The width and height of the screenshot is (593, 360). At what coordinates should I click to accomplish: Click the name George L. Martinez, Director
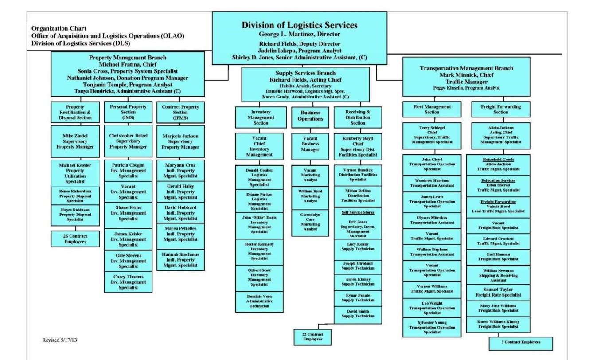299,34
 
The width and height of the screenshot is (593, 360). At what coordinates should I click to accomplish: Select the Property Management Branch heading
128,58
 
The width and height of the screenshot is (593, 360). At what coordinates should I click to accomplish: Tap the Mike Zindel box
75,141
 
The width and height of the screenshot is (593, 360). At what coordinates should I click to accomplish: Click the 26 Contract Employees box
75,239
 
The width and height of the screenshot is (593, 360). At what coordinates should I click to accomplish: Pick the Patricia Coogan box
128,171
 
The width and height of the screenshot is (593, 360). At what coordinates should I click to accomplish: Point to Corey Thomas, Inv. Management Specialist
128,282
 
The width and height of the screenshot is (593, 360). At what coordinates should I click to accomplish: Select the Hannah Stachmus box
180,260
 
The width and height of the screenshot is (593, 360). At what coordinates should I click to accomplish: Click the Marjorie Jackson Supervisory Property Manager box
180,141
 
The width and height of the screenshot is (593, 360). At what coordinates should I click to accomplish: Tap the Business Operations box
310,116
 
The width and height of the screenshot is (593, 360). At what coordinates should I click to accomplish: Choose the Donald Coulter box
259,178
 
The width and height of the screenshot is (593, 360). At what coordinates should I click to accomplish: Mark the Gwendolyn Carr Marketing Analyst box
310,222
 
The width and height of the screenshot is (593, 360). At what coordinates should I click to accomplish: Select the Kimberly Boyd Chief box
358,147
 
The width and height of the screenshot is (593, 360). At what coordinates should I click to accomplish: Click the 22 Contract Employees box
312,337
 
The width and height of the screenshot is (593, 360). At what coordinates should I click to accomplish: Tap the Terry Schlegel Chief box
432,135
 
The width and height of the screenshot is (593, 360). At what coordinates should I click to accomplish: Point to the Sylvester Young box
432,328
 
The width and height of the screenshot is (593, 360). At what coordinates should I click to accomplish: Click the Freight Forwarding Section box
500,110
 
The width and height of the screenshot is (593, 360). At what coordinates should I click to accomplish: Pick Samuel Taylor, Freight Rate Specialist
498,292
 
